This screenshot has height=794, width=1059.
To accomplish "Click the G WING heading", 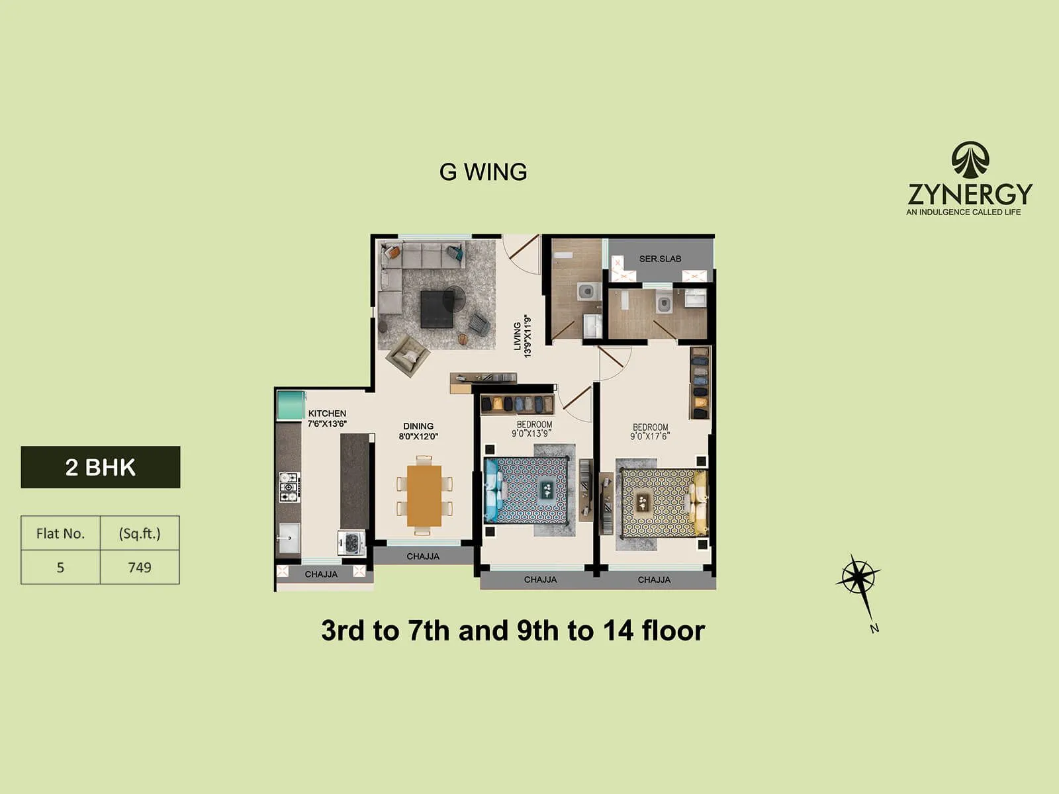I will click(x=483, y=172).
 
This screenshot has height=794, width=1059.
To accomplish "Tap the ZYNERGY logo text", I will click(x=970, y=194).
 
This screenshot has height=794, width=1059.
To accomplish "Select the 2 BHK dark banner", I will click(x=101, y=467).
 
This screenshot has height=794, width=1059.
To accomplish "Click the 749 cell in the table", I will click(x=140, y=567).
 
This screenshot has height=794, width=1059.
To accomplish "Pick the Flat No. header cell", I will click(x=60, y=533).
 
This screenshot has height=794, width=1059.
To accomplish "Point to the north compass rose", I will click(x=858, y=578).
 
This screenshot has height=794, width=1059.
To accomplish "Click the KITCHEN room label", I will click(x=327, y=414).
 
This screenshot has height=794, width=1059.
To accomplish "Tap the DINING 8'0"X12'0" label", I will click(x=418, y=431).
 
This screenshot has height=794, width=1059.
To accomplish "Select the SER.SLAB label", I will click(x=660, y=259).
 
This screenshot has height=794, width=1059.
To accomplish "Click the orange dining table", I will click(x=424, y=496).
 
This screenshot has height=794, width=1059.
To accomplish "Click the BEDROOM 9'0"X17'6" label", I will click(x=650, y=431).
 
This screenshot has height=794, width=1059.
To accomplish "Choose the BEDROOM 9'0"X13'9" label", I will click(x=533, y=429).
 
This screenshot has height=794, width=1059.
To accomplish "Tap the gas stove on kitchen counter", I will click(x=289, y=487).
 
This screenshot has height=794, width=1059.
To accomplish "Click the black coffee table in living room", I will click(x=437, y=309).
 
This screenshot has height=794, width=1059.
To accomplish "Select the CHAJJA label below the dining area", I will click(x=423, y=556).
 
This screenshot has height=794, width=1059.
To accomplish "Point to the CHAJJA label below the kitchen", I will click(x=321, y=574).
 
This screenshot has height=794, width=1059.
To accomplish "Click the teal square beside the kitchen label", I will click(x=291, y=405).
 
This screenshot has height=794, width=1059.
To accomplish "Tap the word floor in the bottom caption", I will click(x=673, y=631).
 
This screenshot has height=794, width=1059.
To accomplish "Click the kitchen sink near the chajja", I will click(x=289, y=537).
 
